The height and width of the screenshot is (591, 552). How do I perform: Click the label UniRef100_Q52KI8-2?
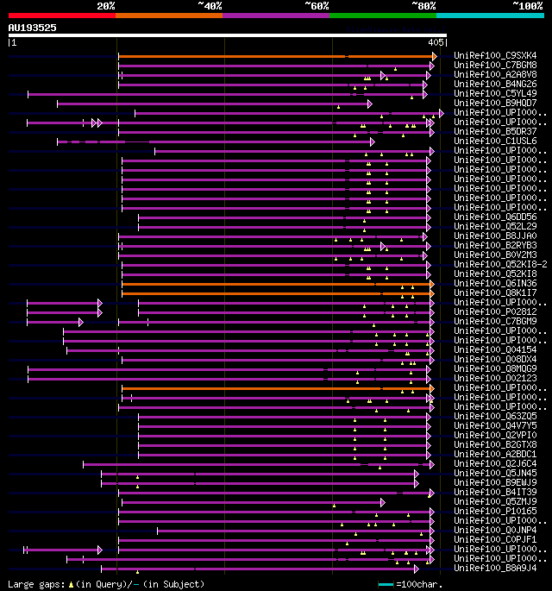pos(499,265)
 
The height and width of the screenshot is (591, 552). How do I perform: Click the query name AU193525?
pos(33,28)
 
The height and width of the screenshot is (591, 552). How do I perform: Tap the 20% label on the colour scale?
pos(106,6)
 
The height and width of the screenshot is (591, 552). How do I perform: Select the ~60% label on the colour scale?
pos(317,6)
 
